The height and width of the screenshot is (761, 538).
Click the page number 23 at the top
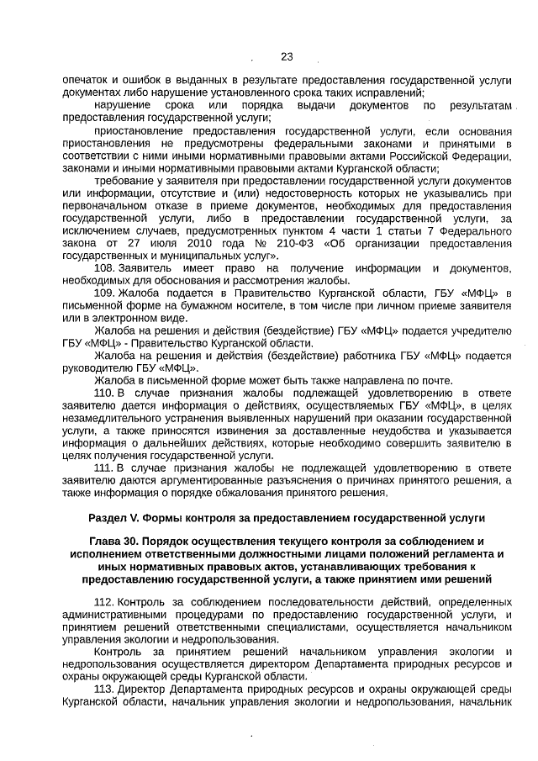click(x=287, y=57)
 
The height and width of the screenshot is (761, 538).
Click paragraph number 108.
click(x=105, y=267)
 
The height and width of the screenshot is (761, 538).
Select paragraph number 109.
click(x=105, y=293)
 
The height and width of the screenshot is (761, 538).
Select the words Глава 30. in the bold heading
click(x=119, y=542)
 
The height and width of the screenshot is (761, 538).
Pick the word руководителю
click(x=98, y=367)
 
